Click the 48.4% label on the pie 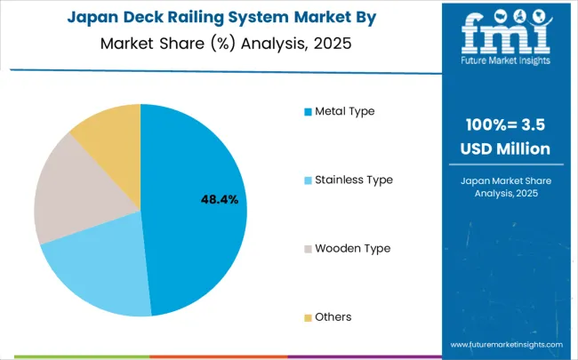(x=219, y=200)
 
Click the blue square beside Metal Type (x=308, y=112)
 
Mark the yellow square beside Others (x=308, y=317)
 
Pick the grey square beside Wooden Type (x=308, y=249)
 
